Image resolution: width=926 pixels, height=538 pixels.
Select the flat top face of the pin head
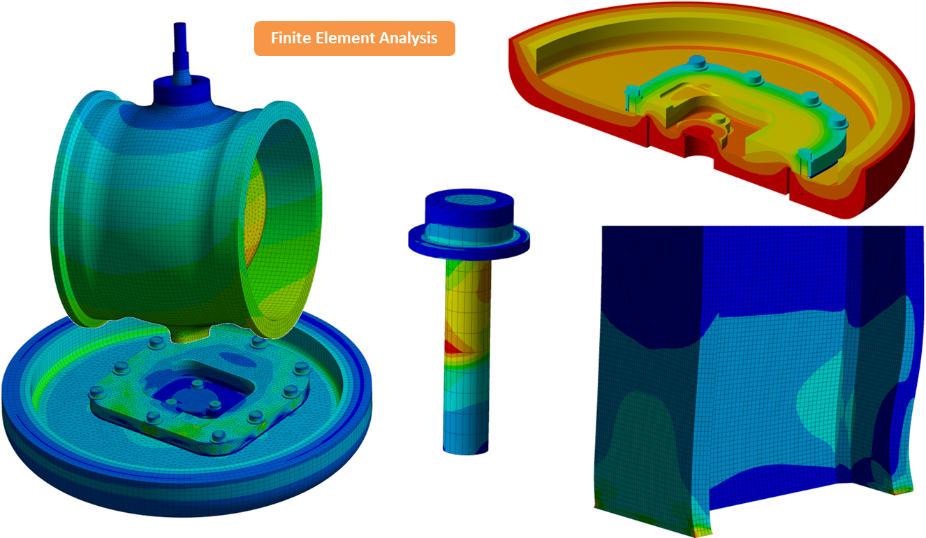[x=469, y=200]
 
